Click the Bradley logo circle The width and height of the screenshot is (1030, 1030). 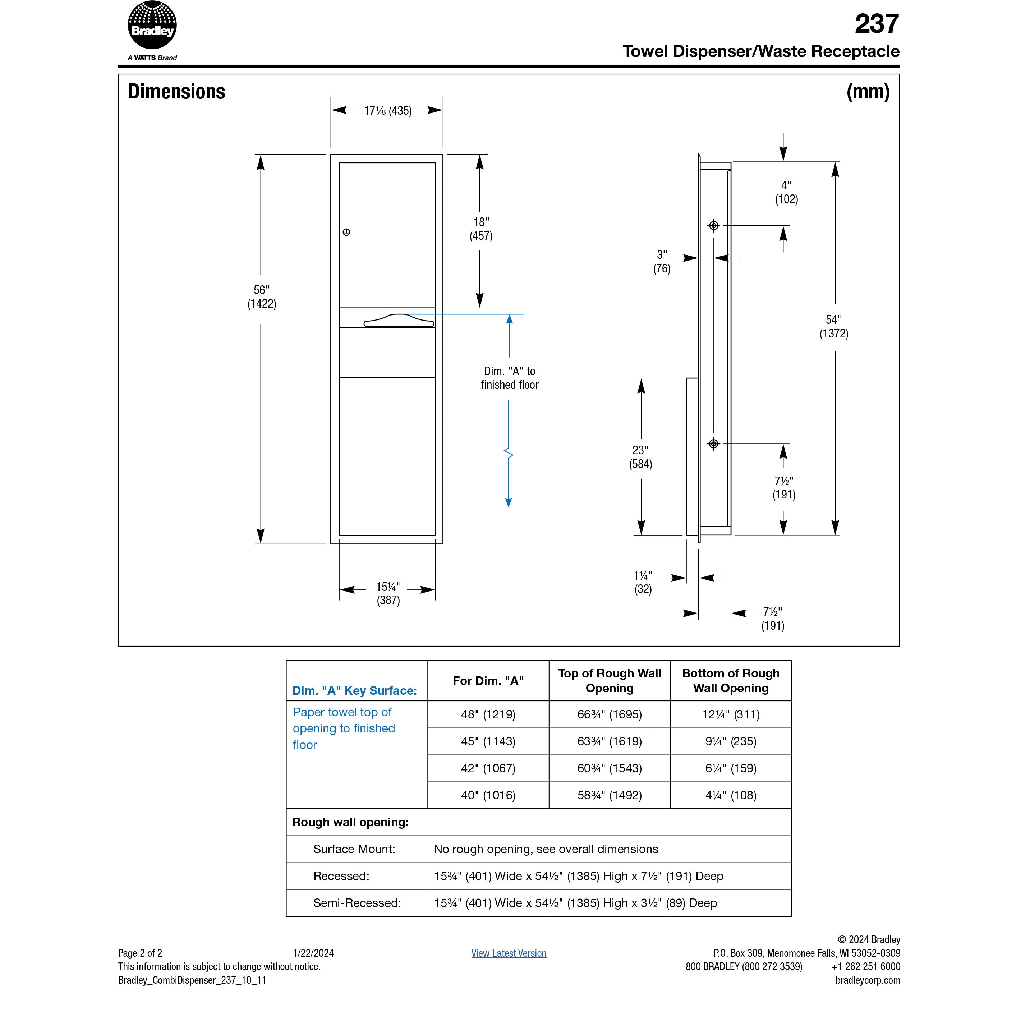coord(152,26)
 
